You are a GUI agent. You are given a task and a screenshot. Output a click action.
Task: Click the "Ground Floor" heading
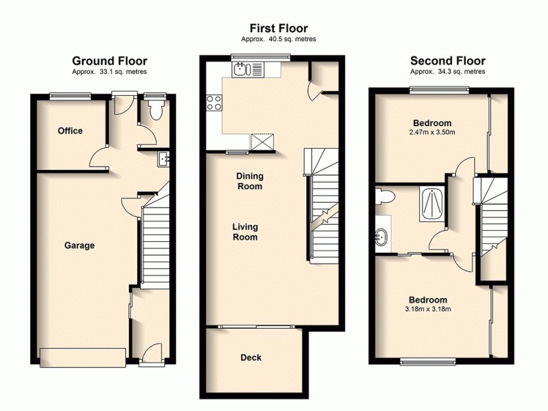(x=110, y=61)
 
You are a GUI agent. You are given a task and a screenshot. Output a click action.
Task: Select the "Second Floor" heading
(x=447, y=61)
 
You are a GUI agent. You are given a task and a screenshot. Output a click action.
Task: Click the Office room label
(x=70, y=131)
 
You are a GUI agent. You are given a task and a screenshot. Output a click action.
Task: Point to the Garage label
(x=79, y=245)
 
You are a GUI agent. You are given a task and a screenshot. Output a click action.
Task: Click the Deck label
(x=251, y=358)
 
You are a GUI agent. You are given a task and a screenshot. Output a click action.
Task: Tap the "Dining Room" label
(x=250, y=181)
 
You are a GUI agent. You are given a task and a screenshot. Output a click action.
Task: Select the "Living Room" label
(x=245, y=232)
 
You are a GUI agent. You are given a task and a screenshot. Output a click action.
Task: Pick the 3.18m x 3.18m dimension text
(x=428, y=309)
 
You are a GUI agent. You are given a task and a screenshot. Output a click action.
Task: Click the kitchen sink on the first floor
(x=241, y=68)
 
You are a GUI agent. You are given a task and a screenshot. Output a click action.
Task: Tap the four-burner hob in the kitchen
(x=214, y=103)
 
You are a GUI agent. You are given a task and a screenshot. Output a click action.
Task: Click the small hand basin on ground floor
(x=164, y=159)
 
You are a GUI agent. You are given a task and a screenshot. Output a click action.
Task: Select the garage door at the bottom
(x=83, y=357)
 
